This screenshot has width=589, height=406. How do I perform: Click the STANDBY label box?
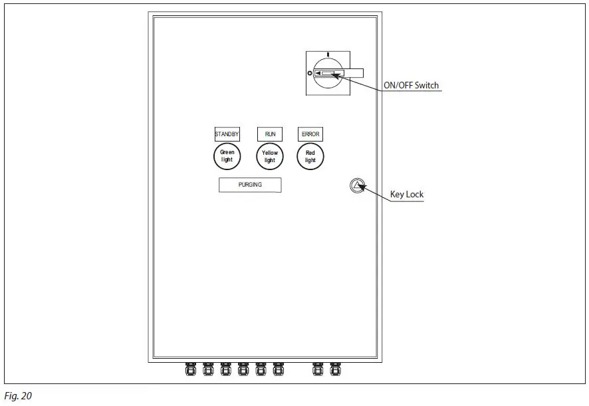(227, 134)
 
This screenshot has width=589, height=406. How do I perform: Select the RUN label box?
(270, 134)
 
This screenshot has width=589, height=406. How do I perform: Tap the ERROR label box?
(310, 134)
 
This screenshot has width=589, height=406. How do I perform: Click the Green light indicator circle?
(227, 156)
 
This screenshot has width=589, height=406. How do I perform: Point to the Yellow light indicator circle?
(270, 157)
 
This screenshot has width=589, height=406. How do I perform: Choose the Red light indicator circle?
(310, 157)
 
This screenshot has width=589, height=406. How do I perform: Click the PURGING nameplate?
(250, 185)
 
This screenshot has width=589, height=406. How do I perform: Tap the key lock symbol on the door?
(357, 185)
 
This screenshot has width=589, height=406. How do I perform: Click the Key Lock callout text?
(406, 195)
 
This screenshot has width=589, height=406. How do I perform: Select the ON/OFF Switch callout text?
(412, 86)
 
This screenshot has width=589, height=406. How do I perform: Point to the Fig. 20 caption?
(18, 396)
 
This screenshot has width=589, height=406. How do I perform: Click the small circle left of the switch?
(310, 73)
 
